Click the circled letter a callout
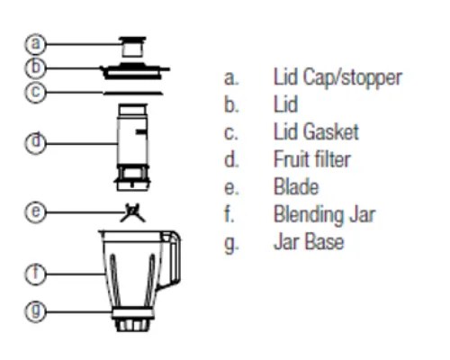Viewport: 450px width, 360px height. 35,44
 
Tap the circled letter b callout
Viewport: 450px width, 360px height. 35,67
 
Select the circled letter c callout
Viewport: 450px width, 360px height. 35,92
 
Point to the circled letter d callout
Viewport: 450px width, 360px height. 35,143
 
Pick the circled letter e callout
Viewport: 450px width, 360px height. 35,211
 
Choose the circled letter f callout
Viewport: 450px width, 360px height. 35,274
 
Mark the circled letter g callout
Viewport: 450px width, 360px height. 35,311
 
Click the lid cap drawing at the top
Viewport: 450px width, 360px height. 132,47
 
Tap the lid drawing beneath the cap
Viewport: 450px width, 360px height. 135,71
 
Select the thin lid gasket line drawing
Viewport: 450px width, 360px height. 133,94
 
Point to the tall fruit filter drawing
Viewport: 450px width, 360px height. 132,147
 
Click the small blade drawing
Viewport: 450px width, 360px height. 132,212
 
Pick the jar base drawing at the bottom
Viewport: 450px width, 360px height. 132,320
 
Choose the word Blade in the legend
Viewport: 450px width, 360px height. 296,186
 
